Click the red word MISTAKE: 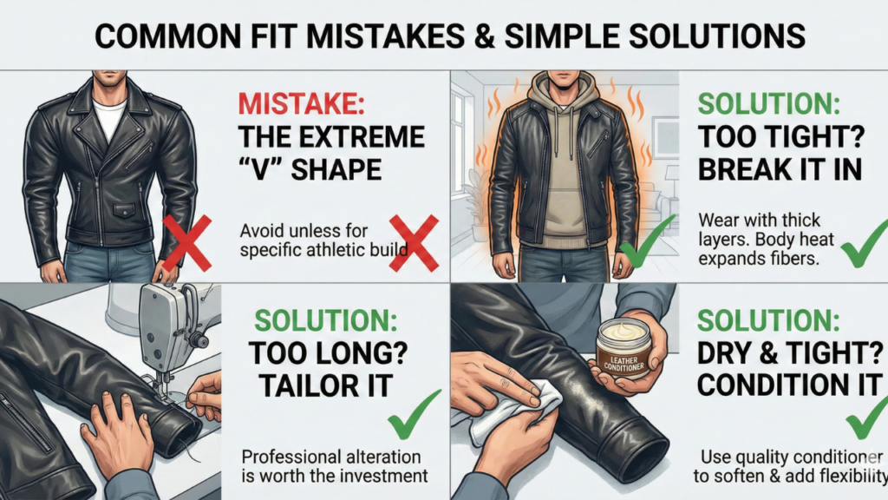pyautogui.click(x=301, y=104)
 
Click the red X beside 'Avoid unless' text pyautogui.click(x=414, y=243)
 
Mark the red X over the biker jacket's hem pyautogui.click(x=187, y=243)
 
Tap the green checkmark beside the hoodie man pyautogui.click(x=647, y=241)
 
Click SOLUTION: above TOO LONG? pyautogui.click(x=326, y=320)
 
